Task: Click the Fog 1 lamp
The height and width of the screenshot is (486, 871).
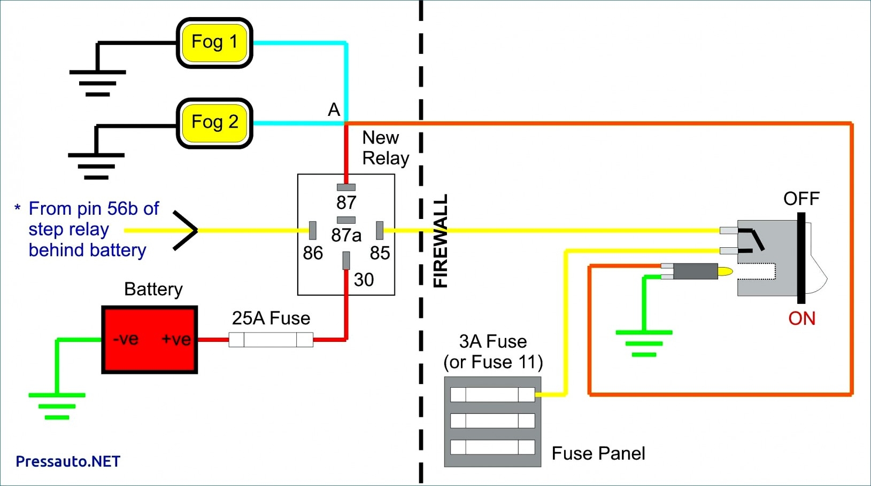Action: [214, 43]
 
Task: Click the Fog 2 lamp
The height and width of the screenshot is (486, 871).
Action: [214, 123]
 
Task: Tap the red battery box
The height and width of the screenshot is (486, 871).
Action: [150, 340]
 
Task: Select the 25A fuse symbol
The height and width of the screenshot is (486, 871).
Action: [271, 340]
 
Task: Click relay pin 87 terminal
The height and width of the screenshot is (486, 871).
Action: [346, 187]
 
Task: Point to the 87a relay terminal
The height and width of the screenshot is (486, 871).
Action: [346, 220]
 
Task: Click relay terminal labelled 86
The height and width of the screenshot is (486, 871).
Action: [313, 230]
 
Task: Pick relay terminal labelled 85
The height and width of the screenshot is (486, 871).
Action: [380, 230]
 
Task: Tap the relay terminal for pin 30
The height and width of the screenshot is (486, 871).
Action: [346, 261]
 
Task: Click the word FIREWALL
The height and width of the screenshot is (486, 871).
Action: [440, 241]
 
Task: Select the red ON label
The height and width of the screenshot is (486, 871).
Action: [801, 319]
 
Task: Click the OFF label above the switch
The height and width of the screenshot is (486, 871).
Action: [801, 199]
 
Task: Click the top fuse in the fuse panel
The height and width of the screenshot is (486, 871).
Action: [492, 395]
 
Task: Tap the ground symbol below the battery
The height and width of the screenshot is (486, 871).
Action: [57, 406]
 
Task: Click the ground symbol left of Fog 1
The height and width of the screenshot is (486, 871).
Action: [97, 83]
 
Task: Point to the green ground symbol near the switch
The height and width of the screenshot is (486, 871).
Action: [644, 343]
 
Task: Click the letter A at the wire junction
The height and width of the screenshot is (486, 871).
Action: [334, 110]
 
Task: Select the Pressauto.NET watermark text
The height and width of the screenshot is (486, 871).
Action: [68, 461]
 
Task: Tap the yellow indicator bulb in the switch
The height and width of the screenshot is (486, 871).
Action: [725, 272]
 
